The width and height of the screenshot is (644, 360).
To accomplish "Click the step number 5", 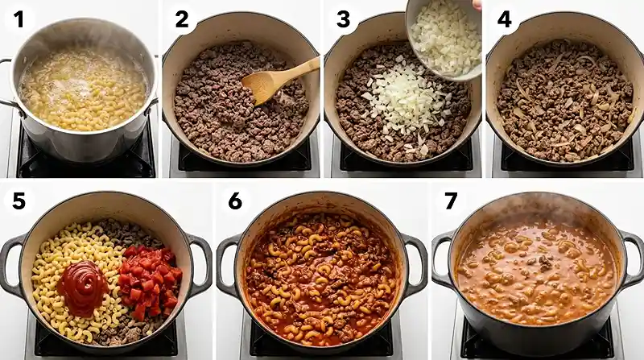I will [x=19, y=201].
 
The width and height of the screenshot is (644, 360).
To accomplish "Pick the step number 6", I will [x=234, y=201].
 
